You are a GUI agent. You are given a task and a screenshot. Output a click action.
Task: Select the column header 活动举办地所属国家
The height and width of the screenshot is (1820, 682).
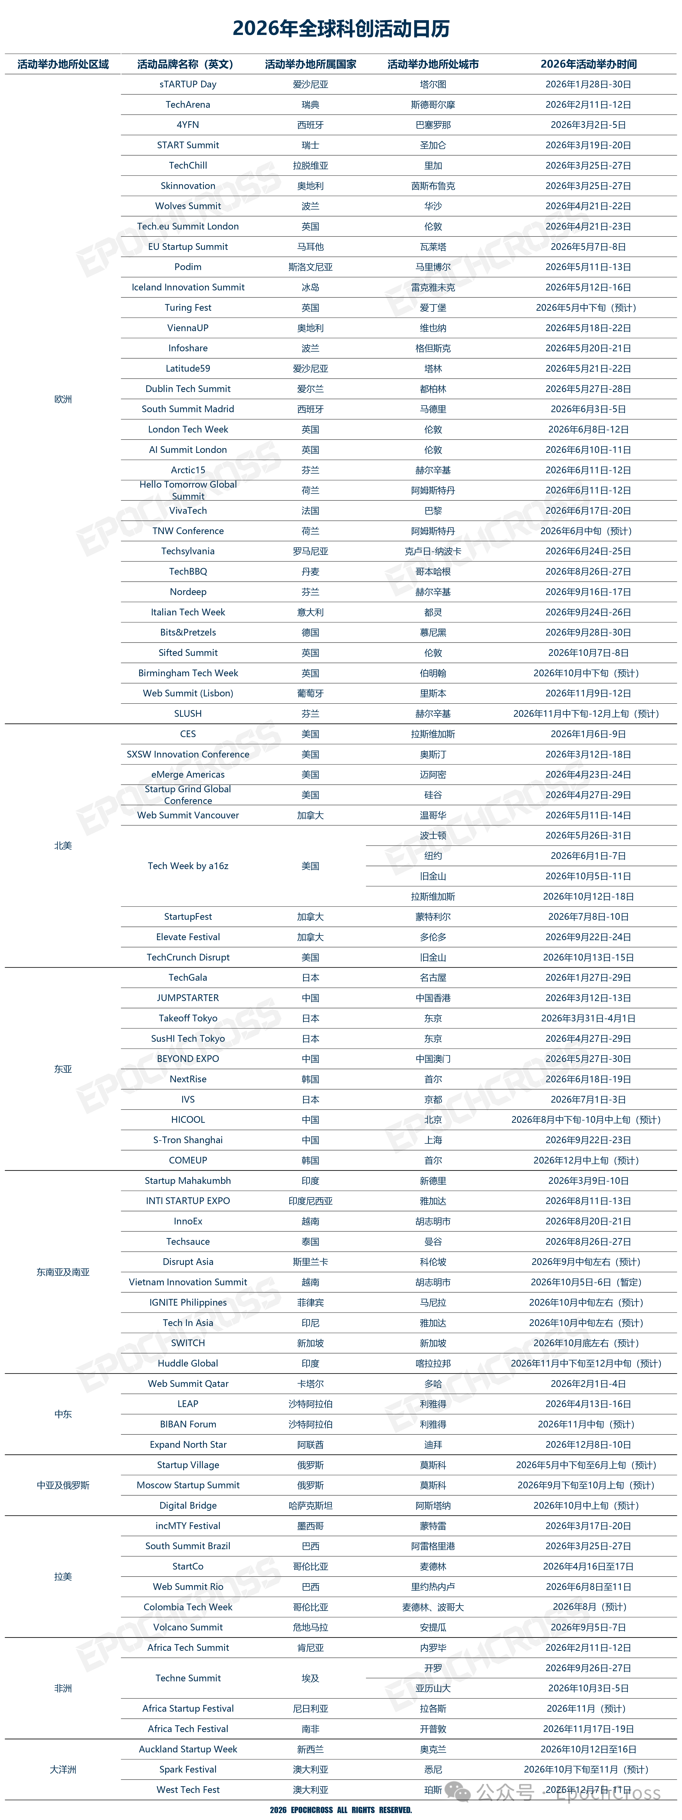[x=310, y=64]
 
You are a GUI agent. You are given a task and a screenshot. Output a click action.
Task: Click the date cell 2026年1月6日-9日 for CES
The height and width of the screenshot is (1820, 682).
[x=588, y=734]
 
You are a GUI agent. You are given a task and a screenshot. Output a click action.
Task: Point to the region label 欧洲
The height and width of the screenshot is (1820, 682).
[x=63, y=399]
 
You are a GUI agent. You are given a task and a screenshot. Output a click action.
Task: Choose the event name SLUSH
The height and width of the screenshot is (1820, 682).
[x=188, y=714]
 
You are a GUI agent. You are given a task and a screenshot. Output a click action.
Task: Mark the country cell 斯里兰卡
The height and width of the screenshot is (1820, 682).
[x=310, y=1262]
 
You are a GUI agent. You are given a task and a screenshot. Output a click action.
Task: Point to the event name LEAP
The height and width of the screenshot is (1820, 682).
[x=188, y=1404]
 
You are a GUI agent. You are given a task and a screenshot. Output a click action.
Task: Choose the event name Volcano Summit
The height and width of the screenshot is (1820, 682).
[x=188, y=1627]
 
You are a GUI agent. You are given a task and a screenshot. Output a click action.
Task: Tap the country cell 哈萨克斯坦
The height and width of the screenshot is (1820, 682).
[x=310, y=1506]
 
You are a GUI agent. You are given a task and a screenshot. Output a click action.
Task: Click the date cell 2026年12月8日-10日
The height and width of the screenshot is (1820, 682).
[x=588, y=1445]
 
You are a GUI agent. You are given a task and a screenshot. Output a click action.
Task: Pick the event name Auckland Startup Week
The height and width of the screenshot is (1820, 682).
[x=188, y=1749]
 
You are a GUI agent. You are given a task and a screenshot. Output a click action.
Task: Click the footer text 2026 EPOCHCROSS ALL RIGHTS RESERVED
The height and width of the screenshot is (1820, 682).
[x=341, y=1810]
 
